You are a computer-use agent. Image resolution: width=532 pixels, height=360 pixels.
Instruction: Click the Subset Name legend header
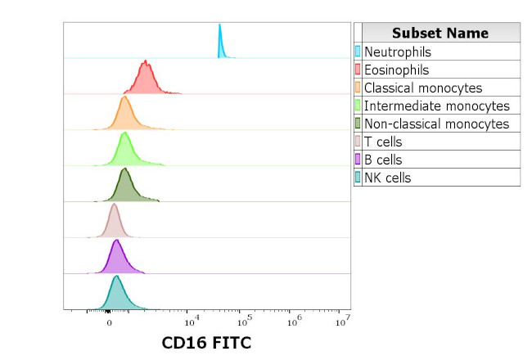tap(440, 33)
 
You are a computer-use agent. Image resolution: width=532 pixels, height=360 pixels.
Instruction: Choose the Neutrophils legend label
tap(397, 52)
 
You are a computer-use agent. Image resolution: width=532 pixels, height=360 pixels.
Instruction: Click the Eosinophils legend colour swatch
tap(358, 70)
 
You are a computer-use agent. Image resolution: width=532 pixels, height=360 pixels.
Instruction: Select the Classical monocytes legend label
tap(422, 88)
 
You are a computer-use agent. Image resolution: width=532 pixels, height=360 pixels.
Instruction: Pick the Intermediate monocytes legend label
tap(436, 106)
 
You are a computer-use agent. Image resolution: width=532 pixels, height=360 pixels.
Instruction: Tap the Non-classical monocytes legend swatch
tap(358, 124)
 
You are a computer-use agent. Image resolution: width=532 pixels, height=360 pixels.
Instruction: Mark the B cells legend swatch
tap(358, 160)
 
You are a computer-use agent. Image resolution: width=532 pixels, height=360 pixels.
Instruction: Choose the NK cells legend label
tap(387, 178)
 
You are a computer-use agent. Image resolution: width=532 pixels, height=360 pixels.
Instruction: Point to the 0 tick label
tap(109, 322)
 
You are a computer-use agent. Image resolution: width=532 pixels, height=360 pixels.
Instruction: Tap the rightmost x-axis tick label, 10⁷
tap(344, 319)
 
